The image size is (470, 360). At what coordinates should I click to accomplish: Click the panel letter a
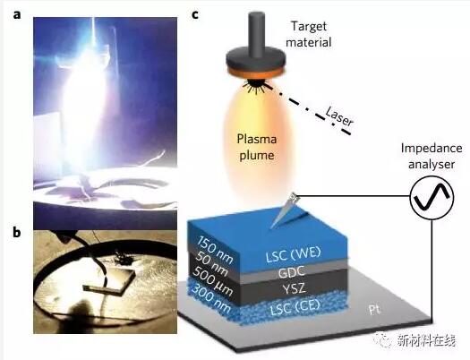(17, 14)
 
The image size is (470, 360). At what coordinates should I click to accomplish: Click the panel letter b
(17, 232)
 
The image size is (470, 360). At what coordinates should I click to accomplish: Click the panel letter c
(195, 14)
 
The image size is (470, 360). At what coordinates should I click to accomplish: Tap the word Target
(309, 26)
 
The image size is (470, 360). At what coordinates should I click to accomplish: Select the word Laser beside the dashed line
(339, 116)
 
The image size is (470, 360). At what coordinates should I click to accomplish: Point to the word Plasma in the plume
(256, 140)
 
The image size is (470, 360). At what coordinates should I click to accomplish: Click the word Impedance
(432, 149)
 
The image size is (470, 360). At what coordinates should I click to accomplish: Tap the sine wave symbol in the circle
(432, 197)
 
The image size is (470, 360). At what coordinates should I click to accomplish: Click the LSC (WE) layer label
(293, 254)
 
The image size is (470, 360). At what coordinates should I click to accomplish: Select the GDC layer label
(292, 272)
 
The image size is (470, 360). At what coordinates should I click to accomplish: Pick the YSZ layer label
(294, 288)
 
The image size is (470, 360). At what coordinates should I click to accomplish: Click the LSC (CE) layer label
(295, 306)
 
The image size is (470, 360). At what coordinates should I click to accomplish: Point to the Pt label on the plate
(374, 310)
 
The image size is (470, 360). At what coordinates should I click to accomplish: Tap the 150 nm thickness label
(214, 250)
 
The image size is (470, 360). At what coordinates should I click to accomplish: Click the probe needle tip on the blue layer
(271, 227)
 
